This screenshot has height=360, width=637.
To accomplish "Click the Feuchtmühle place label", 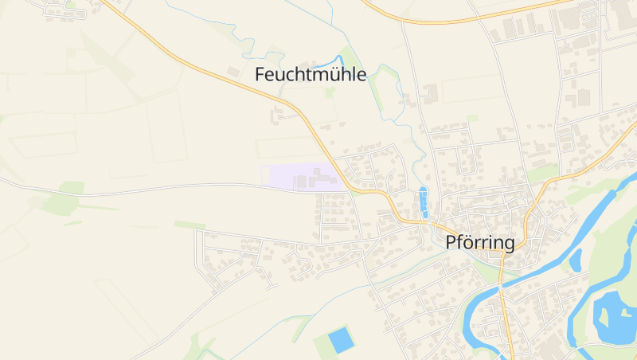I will (311, 76).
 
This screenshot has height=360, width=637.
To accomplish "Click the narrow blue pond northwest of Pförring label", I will (423, 202).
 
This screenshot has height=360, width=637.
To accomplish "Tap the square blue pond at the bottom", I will (341, 339).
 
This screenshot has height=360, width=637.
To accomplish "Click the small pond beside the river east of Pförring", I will (575, 260).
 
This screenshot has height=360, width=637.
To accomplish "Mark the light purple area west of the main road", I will (303, 177).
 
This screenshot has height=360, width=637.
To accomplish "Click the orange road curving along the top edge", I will (446, 21).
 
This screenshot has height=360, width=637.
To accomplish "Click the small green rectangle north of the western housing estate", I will (190, 225).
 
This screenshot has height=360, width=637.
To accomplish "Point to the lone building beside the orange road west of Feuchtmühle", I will (233, 72).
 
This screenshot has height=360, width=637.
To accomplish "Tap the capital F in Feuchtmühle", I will (260, 76).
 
